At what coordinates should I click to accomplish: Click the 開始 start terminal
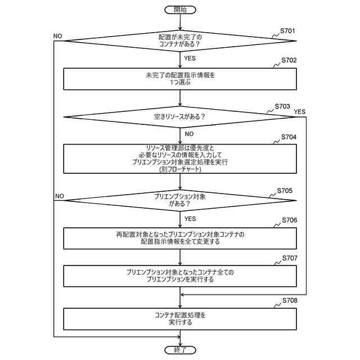(x=180, y=10)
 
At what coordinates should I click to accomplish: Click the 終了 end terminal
(x=180, y=350)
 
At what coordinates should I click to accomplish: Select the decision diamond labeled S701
(x=179, y=40)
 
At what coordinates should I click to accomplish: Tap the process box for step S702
(x=179, y=79)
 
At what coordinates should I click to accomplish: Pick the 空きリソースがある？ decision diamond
(x=179, y=117)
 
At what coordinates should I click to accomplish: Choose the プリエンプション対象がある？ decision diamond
(x=179, y=200)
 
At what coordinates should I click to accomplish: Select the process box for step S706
(x=179, y=237)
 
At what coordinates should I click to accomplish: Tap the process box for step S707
(x=179, y=275)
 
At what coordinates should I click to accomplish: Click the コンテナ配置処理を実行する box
(x=179, y=318)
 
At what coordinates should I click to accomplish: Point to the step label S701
(x=289, y=30)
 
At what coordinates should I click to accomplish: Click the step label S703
(x=283, y=106)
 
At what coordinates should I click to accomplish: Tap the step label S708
(x=290, y=300)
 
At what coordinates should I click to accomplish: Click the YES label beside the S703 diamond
(x=299, y=111)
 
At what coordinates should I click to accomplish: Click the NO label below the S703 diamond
(x=189, y=134)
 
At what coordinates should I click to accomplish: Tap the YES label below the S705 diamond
(x=190, y=218)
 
